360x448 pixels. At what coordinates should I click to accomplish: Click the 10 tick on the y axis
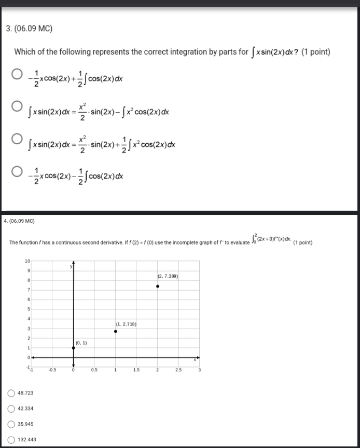point(27,260)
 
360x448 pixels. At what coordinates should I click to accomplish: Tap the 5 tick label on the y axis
point(29,309)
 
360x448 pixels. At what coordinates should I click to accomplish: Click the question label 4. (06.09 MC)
point(19,221)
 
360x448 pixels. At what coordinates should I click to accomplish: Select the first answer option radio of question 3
point(17,74)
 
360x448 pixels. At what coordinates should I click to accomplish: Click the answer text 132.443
point(27,440)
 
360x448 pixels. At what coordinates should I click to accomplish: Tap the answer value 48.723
point(25,393)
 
